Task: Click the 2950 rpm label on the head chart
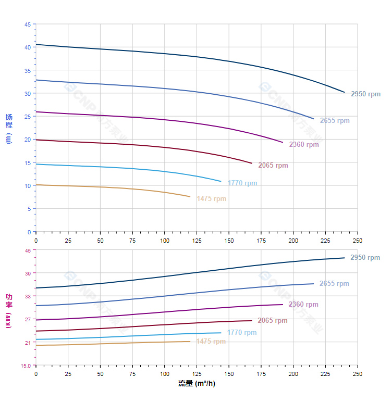coord(365,94)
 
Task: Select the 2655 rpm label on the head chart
coord(335,121)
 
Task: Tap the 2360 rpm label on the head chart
coord(303,145)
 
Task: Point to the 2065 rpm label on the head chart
coord(273,166)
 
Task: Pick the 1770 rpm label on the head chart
coord(242,183)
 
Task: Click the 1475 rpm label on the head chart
coord(211,199)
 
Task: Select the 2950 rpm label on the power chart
coord(365,258)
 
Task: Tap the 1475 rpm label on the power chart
coord(211,342)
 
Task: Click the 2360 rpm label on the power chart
coord(303,305)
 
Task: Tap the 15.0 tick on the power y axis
coord(26,366)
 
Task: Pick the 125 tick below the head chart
coord(197,241)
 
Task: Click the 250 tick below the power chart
coord(357,374)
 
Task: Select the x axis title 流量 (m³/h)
coord(197,384)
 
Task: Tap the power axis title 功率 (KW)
coord(9,311)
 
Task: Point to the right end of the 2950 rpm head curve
coord(345,92)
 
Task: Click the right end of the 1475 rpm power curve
coord(190,342)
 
